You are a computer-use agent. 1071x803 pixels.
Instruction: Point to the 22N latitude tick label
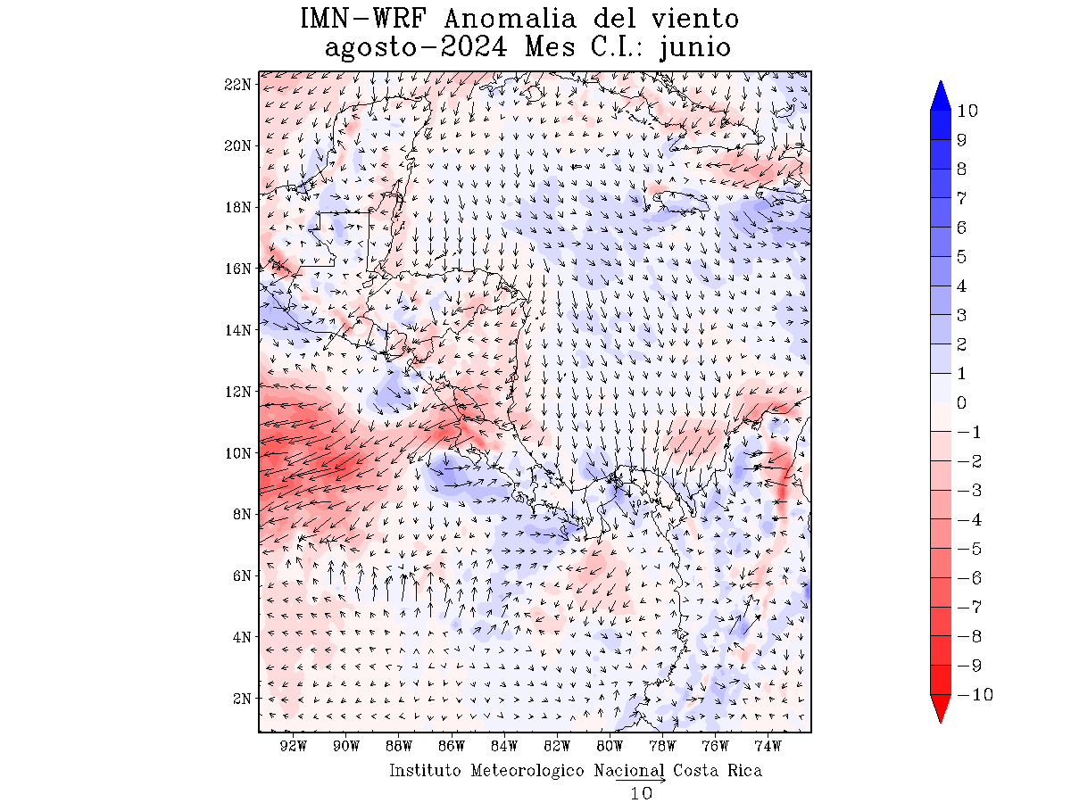coord(237,84)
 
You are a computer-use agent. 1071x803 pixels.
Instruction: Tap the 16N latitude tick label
coord(237,269)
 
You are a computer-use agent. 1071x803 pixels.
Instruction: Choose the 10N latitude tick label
coord(237,453)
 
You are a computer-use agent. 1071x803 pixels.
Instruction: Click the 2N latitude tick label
coord(241,699)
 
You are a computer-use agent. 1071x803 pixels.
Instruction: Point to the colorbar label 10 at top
coord(967,112)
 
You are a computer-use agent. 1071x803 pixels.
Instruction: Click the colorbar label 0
coord(961,403)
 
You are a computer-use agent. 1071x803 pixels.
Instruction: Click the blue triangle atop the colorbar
coord(941,95)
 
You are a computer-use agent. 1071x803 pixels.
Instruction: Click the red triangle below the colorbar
coord(941,708)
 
